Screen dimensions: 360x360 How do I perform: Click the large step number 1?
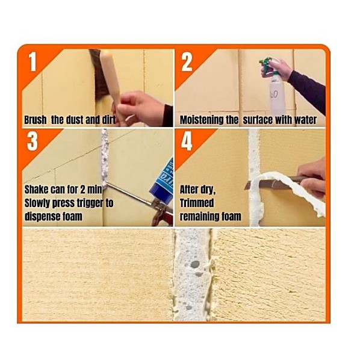[33, 61]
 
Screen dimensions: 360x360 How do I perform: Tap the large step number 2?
[187, 62]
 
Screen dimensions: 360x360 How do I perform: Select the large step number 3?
[32, 141]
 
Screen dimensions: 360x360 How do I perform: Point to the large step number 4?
[187, 141]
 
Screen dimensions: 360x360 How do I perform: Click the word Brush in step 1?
[36, 120]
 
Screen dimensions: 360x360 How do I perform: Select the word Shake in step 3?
[36, 190]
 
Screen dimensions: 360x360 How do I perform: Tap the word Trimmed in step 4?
[197, 203]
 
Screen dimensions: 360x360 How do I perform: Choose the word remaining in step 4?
[198, 217]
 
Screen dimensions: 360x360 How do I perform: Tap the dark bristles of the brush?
[99, 73]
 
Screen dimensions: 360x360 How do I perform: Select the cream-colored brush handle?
[110, 78]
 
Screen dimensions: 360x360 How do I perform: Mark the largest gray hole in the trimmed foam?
[195, 264]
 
